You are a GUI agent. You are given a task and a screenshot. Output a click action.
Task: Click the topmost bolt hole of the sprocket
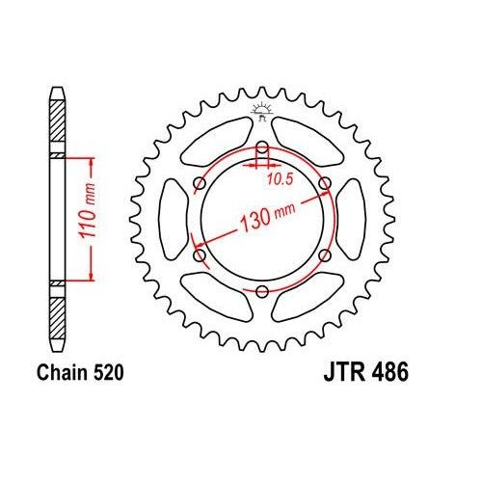(x=262, y=147)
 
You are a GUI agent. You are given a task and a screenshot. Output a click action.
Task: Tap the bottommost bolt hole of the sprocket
(x=262, y=291)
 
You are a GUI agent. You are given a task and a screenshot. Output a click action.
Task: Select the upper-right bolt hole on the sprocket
(x=324, y=182)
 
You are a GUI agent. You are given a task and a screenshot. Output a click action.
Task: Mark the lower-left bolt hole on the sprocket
(x=200, y=255)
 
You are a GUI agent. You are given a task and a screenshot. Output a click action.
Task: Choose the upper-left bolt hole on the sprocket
(x=200, y=182)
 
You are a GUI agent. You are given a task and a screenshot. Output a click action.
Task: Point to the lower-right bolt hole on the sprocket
(x=324, y=255)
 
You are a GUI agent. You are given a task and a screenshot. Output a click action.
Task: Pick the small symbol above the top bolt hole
(x=262, y=112)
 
